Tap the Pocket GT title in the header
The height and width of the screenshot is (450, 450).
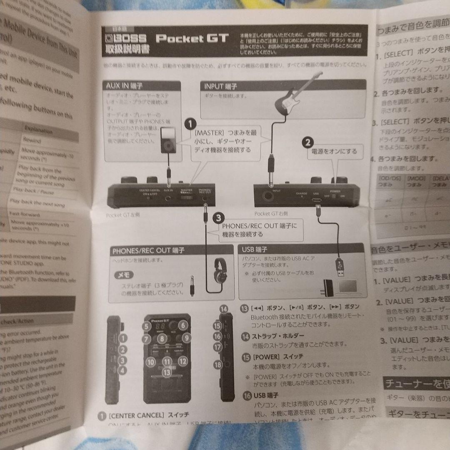pos(192,39)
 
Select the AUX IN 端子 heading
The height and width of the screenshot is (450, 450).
pos(124,86)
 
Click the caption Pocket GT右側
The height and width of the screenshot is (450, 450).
pos(270,213)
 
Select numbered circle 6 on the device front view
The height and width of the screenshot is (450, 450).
pos(183,326)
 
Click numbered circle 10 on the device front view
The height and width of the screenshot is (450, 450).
pos(151,362)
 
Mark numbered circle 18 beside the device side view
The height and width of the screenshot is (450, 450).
pos(218,364)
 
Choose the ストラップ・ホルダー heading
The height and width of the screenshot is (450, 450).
pos(278,335)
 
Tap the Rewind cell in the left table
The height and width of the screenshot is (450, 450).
pos(32,141)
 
